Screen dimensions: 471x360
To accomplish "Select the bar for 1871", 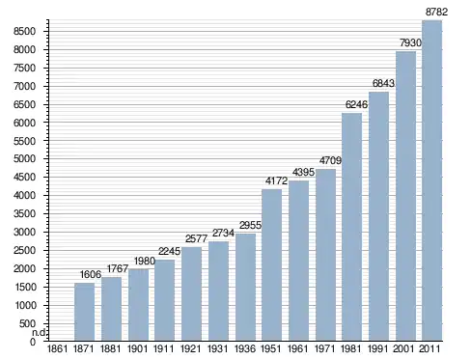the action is pyautogui.click(x=84, y=312).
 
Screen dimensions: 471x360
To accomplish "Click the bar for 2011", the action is pyautogui.click(x=431, y=180).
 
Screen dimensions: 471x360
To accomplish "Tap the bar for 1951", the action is pyautogui.click(x=272, y=264).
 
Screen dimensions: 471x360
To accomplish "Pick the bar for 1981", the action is pyautogui.click(x=351, y=227).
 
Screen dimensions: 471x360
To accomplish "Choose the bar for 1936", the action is pyautogui.click(x=245, y=287).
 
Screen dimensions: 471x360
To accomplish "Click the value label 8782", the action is pyautogui.click(x=436, y=12).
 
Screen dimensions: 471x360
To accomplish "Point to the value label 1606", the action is pyautogui.click(x=91, y=274).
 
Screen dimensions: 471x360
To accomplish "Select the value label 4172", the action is pyautogui.click(x=276, y=180).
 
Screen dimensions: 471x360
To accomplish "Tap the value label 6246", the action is pyautogui.click(x=356, y=104).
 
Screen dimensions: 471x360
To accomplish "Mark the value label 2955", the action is pyautogui.click(x=250, y=225).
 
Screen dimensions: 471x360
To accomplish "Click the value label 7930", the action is pyautogui.click(x=410, y=42).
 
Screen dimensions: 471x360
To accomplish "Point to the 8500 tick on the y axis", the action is pyautogui.click(x=24, y=31).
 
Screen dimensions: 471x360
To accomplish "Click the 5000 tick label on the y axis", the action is pyautogui.click(x=24, y=159).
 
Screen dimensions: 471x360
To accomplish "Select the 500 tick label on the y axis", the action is pyautogui.click(x=27, y=323).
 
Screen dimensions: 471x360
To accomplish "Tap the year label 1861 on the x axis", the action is pyautogui.click(x=57, y=348).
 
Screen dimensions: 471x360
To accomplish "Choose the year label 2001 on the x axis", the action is pyautogui.click(x=403, y=348).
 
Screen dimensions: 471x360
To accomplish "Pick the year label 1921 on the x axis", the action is pyautogui.click(x=190, y=348).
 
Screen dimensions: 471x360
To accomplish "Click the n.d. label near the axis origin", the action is pyautogui.click(x=39, y=333).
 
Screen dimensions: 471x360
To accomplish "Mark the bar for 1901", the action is pyautogui.click(x=138, y=305).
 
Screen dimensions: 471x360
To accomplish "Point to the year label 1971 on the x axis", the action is pyautogui.click(x=324, y=348).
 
